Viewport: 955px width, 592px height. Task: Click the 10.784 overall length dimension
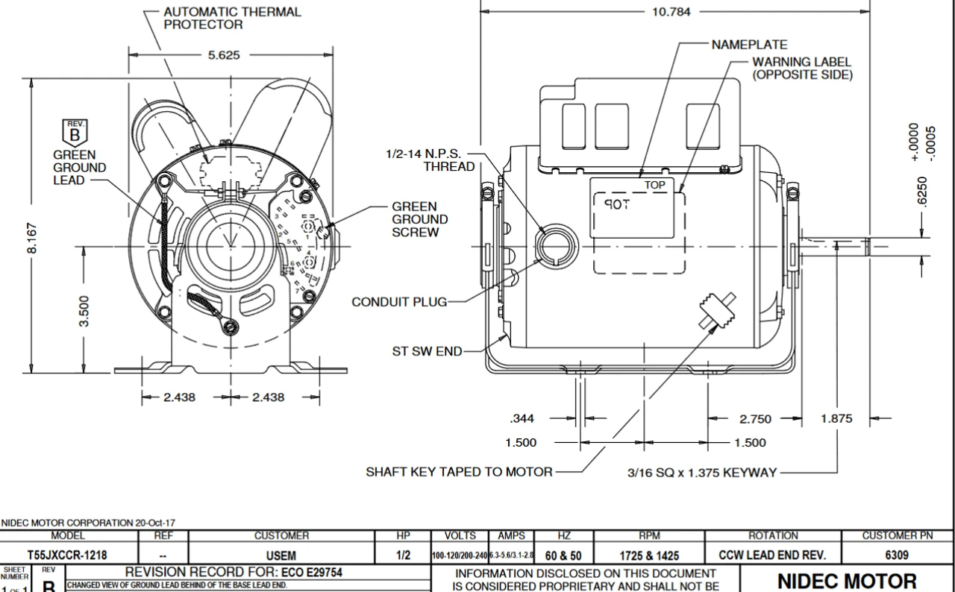coord(671,12)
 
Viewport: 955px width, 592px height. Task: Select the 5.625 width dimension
coord(223,55)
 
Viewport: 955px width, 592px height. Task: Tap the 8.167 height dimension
coord(32,239)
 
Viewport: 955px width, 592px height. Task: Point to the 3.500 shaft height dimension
coord(84,311)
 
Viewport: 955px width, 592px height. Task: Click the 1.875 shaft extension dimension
coord(836,419)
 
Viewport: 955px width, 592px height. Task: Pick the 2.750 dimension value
coord(755,419)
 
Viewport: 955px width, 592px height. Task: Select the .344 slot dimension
coord(522,419)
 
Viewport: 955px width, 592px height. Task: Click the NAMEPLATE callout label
coord(748,45)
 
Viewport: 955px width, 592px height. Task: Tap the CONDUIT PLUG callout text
coord(399,302)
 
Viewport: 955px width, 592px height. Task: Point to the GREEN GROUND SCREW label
coord(420,219)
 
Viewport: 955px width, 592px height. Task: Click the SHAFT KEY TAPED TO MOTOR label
coord(459,472)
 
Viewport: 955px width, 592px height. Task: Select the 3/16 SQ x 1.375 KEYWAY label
coord(702,472)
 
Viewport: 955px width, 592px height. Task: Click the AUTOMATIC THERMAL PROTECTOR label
coord(232,18)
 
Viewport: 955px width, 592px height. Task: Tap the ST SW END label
coord(427,351)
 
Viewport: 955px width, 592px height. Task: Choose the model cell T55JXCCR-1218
coord(67,555)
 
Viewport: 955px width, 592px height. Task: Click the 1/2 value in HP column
coord(403,555)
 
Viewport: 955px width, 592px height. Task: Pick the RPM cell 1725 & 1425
coord(649,555)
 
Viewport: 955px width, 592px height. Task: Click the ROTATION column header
coord(773,535)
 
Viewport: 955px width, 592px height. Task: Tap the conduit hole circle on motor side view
coord(557,245)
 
